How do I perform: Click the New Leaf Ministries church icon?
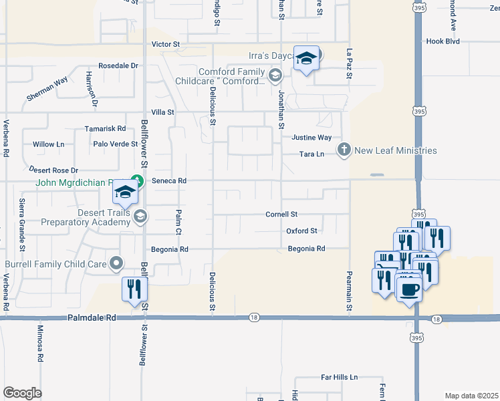344,150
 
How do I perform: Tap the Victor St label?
166,44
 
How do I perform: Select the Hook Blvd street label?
443,41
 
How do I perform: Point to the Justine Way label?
311,138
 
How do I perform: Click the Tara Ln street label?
311,154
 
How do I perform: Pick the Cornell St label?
281,215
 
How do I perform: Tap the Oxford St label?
301,231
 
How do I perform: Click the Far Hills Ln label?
340,378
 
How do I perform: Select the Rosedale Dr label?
118,66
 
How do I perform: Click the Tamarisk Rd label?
106,128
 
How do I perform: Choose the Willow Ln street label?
49,144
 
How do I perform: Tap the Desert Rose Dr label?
53,170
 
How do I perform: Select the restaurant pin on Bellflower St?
134,289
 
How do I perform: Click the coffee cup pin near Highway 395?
408,289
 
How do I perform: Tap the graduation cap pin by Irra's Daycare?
306,59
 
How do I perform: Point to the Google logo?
22,393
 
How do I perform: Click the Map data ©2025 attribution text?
471,396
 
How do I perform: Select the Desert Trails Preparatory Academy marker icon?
140,215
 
